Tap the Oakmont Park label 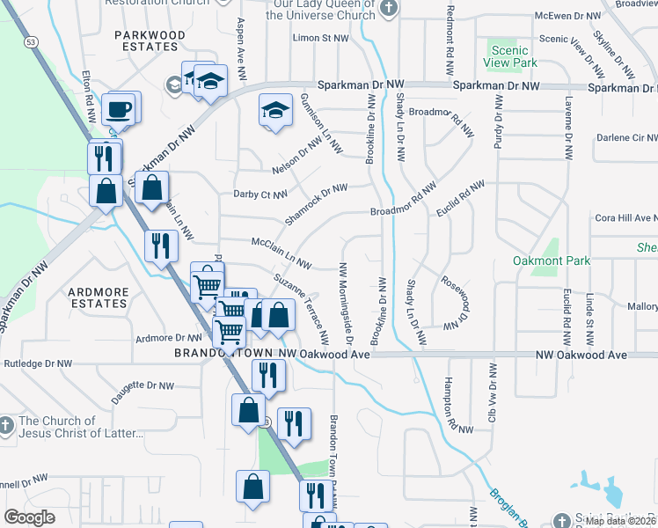click(x=552, y=261)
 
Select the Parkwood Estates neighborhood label click(x=150, y=40)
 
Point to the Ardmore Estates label click(x=99, y=297)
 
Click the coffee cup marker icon click(x=118, y=109)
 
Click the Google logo click(x=30, y=517)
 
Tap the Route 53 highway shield click(x=31, y=41)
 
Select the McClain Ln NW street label click(x=281, y=253)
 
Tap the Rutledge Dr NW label click(x=37, y=363)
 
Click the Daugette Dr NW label click(x=143, y=385)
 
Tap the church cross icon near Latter click(x=7, y=426)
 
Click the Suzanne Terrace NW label click(x=302, y=308)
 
